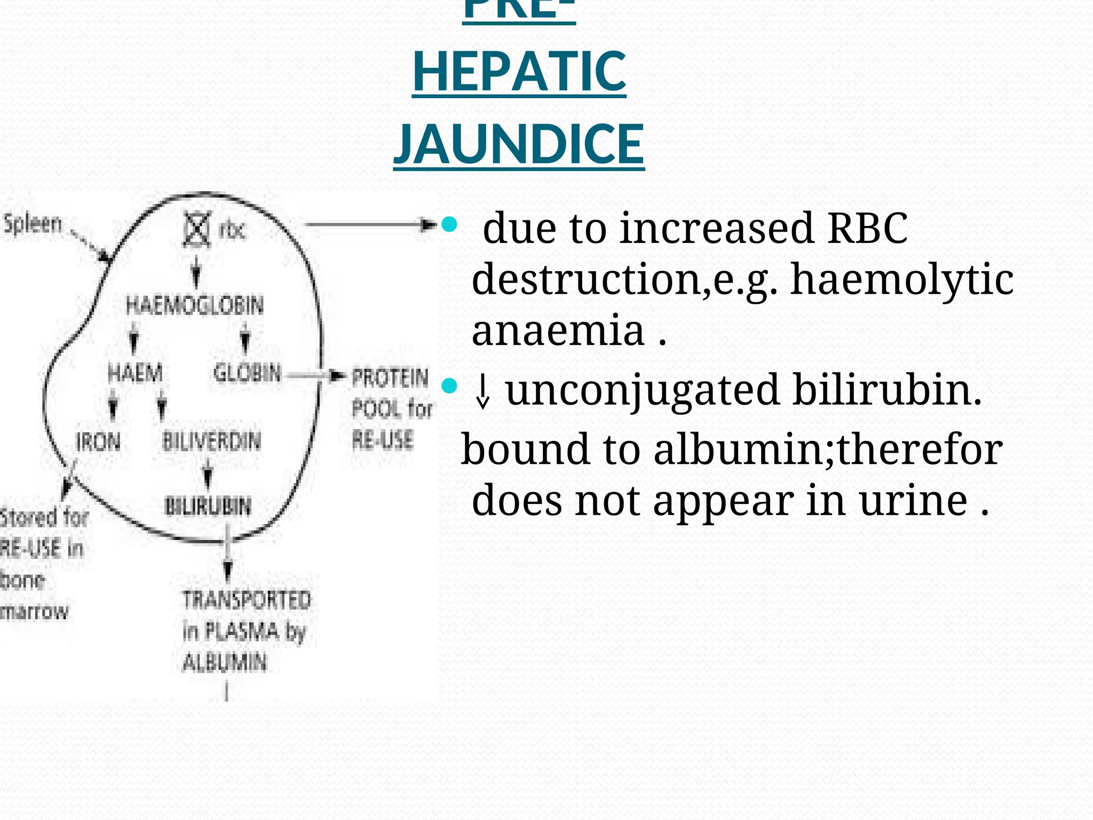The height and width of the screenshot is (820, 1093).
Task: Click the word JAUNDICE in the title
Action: pos(519,144)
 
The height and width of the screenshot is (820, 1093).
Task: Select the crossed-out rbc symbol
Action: pos(196,230)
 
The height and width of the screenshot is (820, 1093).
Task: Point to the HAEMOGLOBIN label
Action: pos(195,305)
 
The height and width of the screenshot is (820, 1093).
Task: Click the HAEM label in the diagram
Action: pos(135,373)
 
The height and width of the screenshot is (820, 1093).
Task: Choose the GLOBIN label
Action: pos(247,373)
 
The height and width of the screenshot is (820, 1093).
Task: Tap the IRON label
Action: pos(98,442)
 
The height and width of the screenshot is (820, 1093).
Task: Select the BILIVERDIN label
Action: pos(212,442)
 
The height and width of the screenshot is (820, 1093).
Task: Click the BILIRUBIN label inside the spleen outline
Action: pos(208,506)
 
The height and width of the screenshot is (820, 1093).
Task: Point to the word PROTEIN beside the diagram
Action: pos(390,378)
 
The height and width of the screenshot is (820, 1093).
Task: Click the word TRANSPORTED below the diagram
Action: pos(247,600)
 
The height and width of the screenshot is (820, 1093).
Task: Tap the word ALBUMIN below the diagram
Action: pos(225,663)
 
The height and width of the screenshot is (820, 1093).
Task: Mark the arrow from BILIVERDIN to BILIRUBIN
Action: pos(208,474)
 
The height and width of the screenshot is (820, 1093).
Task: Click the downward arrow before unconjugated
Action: pos(482,391)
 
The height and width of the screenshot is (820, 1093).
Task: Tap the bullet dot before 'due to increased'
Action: pos(450,224)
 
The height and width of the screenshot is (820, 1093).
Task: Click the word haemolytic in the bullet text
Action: pos(901,279)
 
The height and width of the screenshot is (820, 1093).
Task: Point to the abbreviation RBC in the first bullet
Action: pos(867,228)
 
